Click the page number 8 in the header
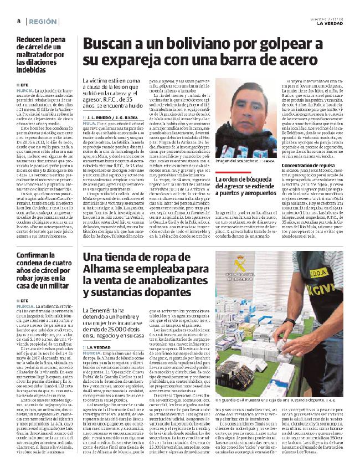[x=19, y=20]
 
